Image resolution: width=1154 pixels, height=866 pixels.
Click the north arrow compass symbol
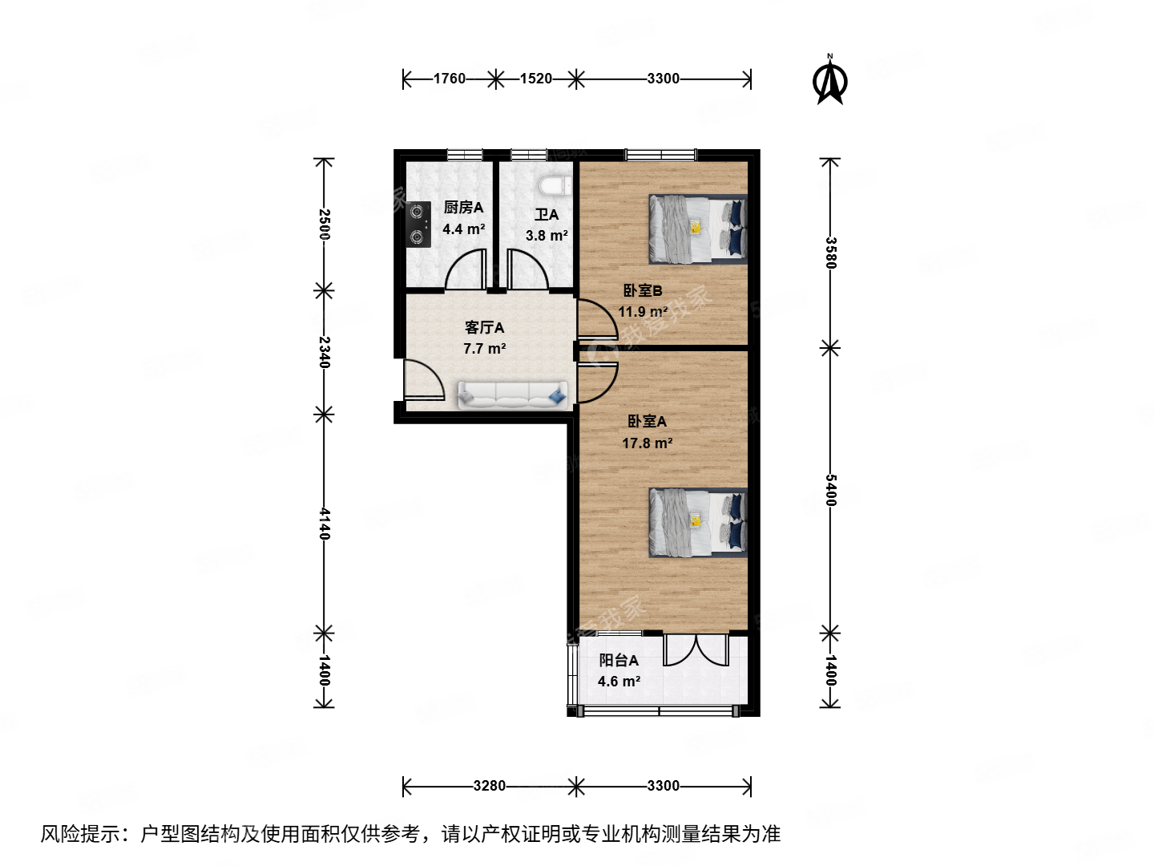click(x=830, y=80)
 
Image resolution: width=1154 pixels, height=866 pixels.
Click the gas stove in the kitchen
click(x=418, y=225)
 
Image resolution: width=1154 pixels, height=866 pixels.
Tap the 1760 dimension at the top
click(x=449, y=79)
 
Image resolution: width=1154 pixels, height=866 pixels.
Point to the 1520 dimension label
click(x=536, y=79)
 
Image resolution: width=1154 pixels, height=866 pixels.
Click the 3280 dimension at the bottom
click(x=489, y=786)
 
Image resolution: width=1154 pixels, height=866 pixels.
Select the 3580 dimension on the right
click(x=831, y=253)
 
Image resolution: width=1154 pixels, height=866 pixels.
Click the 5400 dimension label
click(x=831, y=490)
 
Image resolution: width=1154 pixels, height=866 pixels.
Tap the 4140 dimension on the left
click(x=324, y=523)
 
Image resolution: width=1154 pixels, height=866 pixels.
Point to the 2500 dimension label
click(x=324, y=224)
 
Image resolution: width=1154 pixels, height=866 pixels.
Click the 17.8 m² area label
click(x=648, y=443)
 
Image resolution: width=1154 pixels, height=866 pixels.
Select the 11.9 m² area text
click(x=643, y=312)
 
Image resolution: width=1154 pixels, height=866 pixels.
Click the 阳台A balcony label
click(x=619, y=661)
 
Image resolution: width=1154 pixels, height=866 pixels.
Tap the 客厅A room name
click(x=485, y=327)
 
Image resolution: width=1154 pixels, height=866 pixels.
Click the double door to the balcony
click(x=696, y=650)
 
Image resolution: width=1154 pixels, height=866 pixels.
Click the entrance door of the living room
click(x=423, y=380)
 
